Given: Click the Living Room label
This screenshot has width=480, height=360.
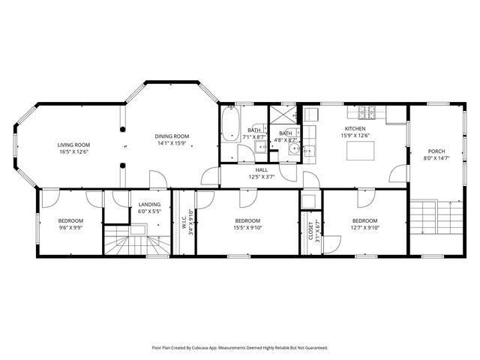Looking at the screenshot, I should (73, 145).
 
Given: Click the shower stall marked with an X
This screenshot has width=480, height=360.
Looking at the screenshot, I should (284, 115).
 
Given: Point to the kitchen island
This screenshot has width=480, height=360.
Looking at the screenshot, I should (360, 151).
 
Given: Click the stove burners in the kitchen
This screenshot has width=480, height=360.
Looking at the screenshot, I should (367, 112).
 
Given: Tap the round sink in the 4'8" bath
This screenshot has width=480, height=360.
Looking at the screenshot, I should (295, 150).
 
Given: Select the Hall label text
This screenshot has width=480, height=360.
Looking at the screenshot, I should (262, 169).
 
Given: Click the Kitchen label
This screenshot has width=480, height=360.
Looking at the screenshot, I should (354, 129).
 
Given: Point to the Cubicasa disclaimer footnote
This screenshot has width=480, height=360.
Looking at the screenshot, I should (240, 348).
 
